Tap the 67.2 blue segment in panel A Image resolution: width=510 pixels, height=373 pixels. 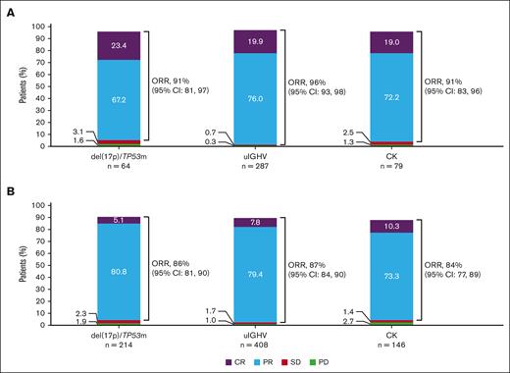(x=119, y=100)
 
